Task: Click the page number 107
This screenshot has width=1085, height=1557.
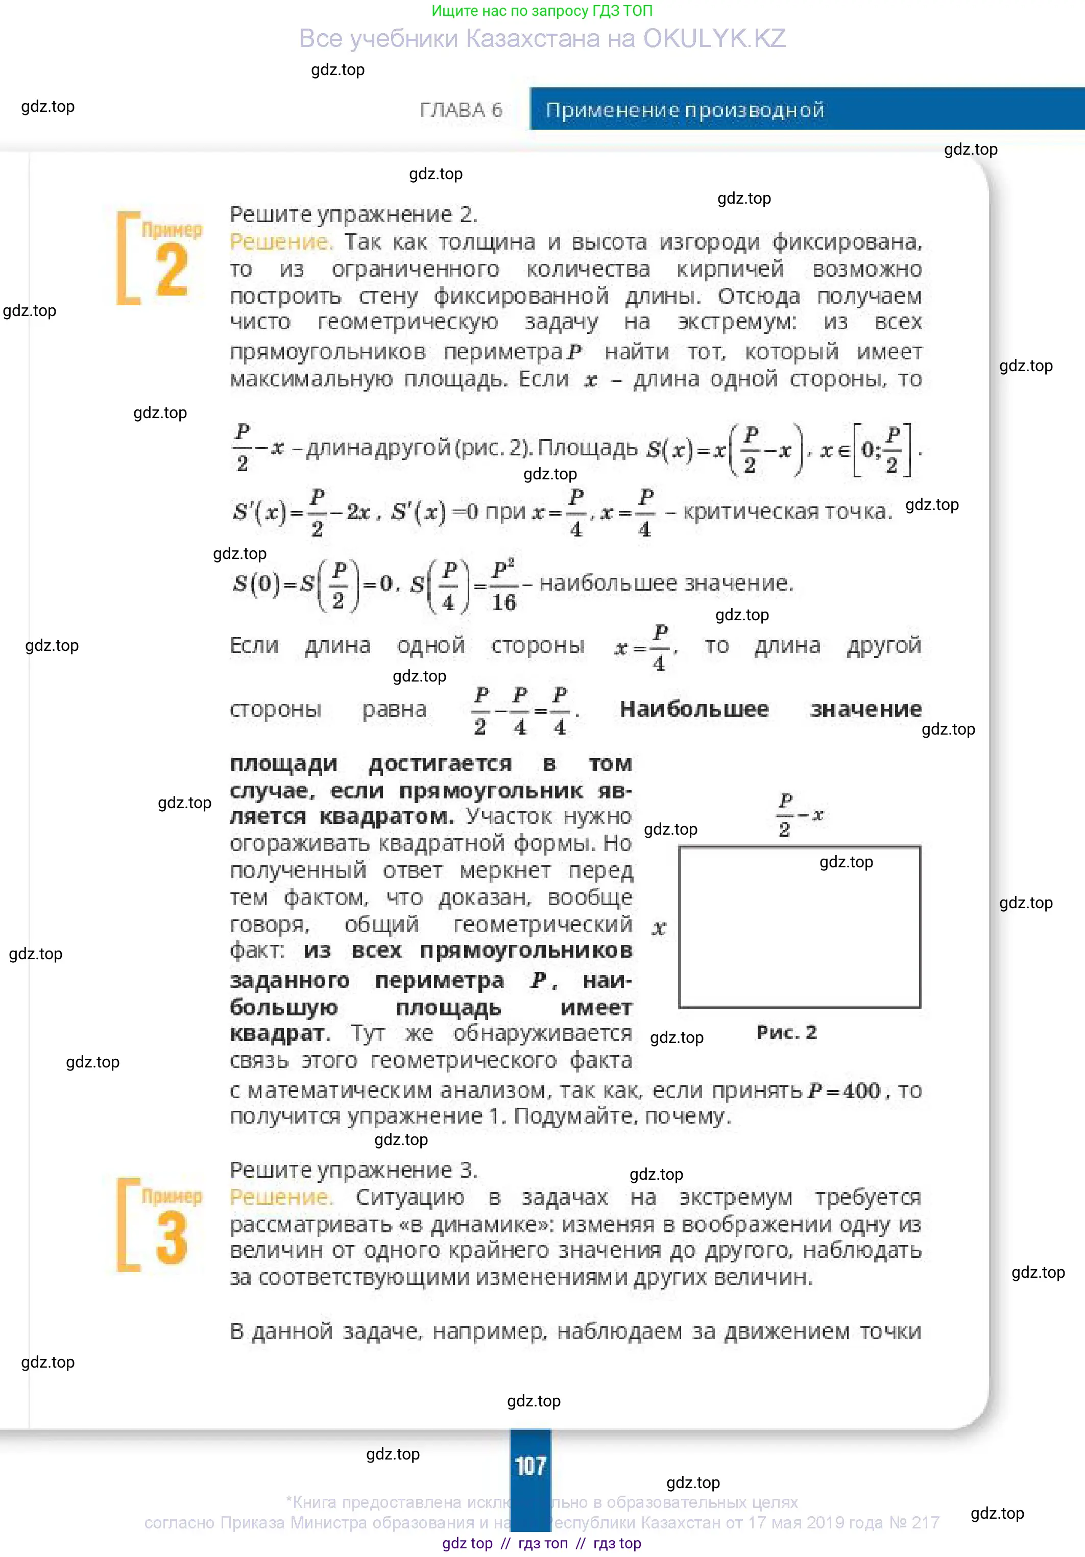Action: click(531, 1466)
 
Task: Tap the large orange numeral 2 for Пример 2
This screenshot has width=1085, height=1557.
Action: click(172, 270)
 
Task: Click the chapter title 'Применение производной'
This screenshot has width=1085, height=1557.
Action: click(685, 110)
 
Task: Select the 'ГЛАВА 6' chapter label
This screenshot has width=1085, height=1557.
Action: click(461, 110)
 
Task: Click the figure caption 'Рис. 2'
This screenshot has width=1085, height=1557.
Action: click(787, 1033)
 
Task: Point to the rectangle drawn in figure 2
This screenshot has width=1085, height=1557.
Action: click(800, 927)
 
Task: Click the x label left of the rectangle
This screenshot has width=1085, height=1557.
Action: click(659, 928)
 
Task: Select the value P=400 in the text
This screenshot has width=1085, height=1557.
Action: click(845, 1091)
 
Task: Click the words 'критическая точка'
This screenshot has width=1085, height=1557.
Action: click(787, 512)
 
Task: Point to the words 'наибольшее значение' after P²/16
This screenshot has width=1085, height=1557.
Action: click(666, 583)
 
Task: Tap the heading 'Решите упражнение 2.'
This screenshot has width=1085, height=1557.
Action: click(353, 214)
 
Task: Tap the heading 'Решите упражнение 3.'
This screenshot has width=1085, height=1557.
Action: click(353, 1170)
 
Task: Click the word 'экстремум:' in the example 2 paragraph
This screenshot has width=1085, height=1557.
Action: click(737, 322)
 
